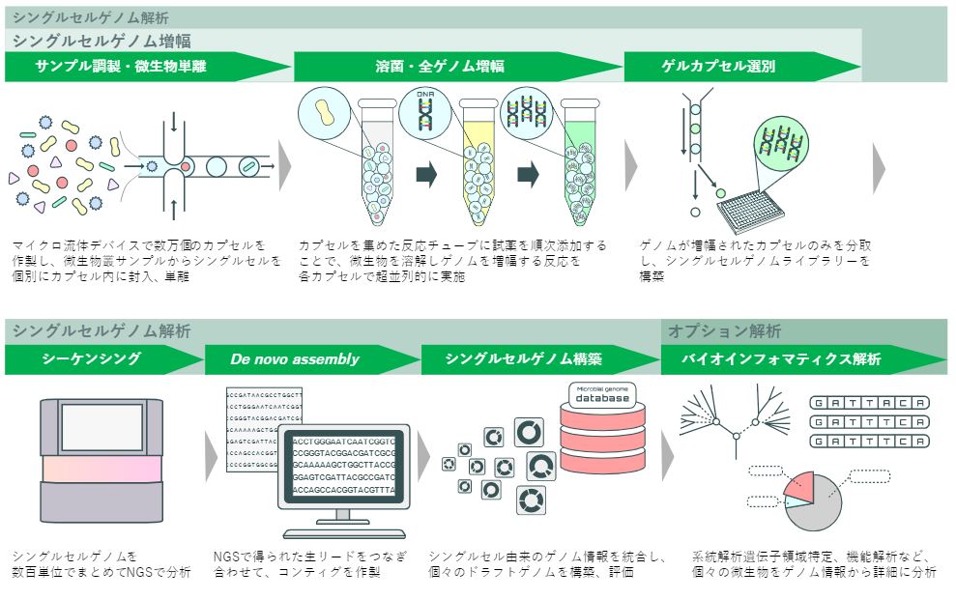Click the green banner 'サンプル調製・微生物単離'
pyautogui.click(x=121, y=67)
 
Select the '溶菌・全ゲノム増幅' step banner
pyautogui.click(x=439, y=67)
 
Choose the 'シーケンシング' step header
pyautogui.click(x=92, y=358)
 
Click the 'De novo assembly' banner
pyautogui.click(x=294, y=358)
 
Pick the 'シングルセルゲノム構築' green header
pyautogui.click(x=523, y=358)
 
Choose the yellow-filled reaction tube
pyautogui.click(x=478, y=164)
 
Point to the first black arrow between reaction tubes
pyautogui.click(x=425, y=174)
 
